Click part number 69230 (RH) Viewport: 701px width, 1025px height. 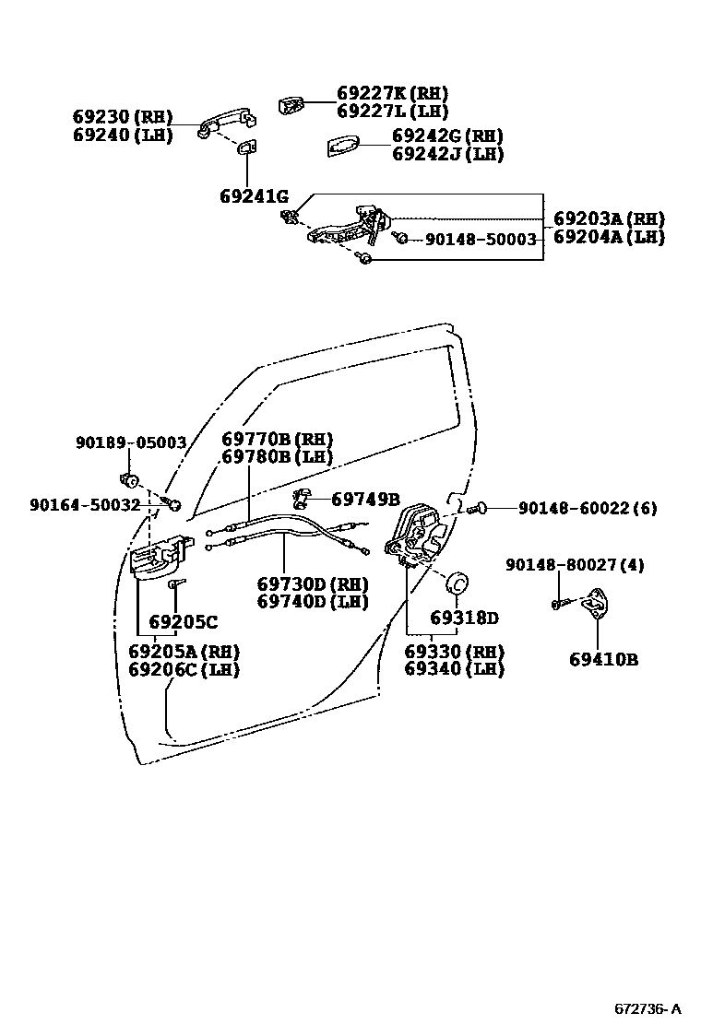click(x=123, y=117)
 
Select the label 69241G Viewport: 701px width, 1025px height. click(x=254, y=196)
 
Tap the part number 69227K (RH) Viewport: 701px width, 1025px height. click(x=392, y=93)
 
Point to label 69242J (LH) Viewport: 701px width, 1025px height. click(x=447, y=154)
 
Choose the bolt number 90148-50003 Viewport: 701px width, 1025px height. click(x=481, y=239)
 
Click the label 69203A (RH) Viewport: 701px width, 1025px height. click(x=609, y=219)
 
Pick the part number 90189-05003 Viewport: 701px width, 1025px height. click(x=131, y=442)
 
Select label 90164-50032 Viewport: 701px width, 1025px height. click(x=85, y=504)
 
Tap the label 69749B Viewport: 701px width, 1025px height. click(x=365, y=500)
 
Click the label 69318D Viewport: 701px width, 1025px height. click(x=464, y=617)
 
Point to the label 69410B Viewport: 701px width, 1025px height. click(x=603, y=659)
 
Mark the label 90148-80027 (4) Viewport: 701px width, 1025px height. click(x=573, y=564)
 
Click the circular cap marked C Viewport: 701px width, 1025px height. click(x=457, y=584)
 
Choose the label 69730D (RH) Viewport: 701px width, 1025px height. click(x=312, y=584)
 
